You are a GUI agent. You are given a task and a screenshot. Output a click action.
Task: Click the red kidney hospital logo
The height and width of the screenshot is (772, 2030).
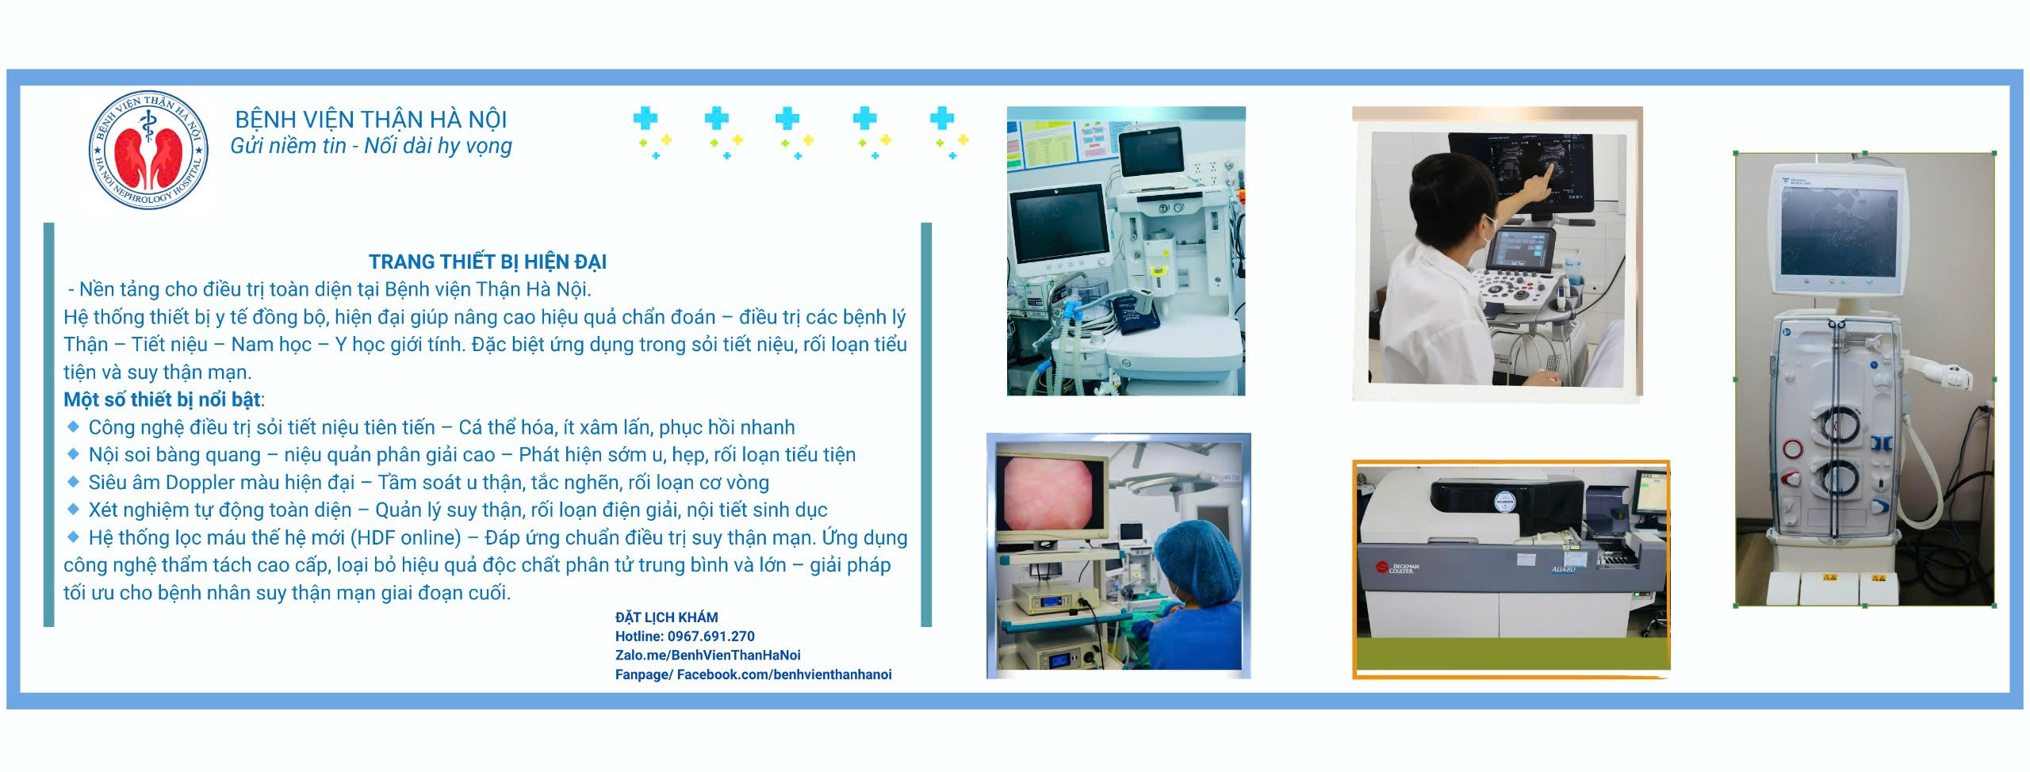[x=148, y=150]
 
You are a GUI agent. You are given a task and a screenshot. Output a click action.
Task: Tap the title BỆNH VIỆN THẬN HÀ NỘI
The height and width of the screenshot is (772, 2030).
[x=371, y=120]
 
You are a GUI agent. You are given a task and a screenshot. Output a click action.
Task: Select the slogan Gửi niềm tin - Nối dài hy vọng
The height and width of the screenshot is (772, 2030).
[x=371, y=147]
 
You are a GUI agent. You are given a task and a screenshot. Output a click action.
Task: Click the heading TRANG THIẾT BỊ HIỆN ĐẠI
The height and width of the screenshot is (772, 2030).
[x=488, y=262]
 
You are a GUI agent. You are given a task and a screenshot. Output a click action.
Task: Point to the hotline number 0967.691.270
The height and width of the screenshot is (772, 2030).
[x=710, y=636]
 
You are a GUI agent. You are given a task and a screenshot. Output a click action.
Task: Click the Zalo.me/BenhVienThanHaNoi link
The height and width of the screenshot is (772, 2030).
[x=707, y=655]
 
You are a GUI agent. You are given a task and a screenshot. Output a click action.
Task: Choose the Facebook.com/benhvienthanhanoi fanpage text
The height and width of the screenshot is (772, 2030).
[x=784, y=675]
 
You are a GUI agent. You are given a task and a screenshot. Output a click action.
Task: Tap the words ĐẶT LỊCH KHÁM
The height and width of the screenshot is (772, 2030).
[x=666, y=617]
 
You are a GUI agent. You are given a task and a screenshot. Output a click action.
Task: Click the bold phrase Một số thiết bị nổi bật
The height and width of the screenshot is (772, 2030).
[x=162, y=399]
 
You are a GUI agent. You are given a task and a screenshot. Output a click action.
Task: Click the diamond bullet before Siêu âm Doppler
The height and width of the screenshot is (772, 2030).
[x=73, y=481]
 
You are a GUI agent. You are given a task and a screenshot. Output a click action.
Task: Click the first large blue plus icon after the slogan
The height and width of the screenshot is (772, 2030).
[x=645, y=119]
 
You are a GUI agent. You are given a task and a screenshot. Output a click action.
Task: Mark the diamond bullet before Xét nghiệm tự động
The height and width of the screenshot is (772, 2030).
[x=73, y=509]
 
